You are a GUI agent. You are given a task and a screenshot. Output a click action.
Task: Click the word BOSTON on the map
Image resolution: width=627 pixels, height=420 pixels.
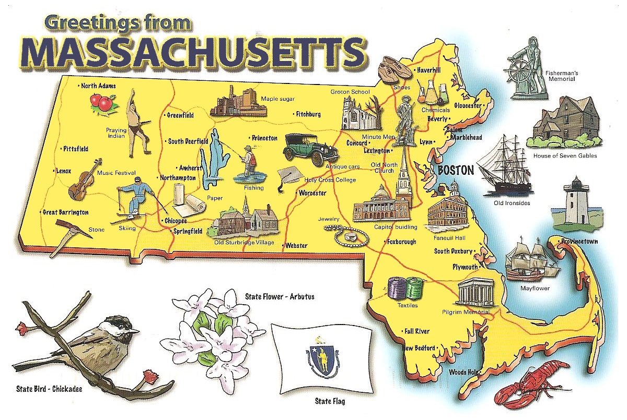(456, 170)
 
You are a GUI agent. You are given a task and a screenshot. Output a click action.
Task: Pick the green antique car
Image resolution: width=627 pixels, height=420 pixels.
(309, 148)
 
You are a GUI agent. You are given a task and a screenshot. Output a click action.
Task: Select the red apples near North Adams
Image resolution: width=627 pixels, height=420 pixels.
(101, 102)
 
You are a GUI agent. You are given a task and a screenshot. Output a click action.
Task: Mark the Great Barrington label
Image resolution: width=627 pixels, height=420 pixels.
(66, 212)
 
